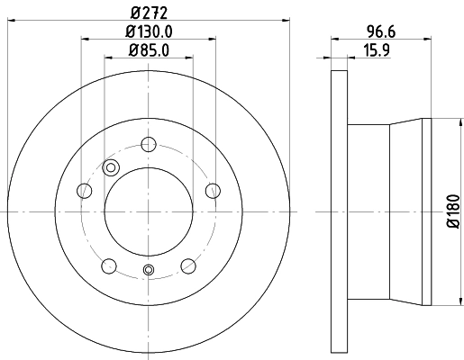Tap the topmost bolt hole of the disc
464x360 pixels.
149,142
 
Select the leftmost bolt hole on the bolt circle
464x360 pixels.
84,190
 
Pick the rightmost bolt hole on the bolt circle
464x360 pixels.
214,190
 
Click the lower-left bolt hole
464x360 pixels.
109,265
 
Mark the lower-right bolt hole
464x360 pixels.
188,265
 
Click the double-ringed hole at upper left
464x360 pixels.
112,166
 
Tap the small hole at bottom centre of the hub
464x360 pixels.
149,270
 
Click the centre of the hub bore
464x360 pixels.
149,212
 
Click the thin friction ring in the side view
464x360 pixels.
339,212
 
